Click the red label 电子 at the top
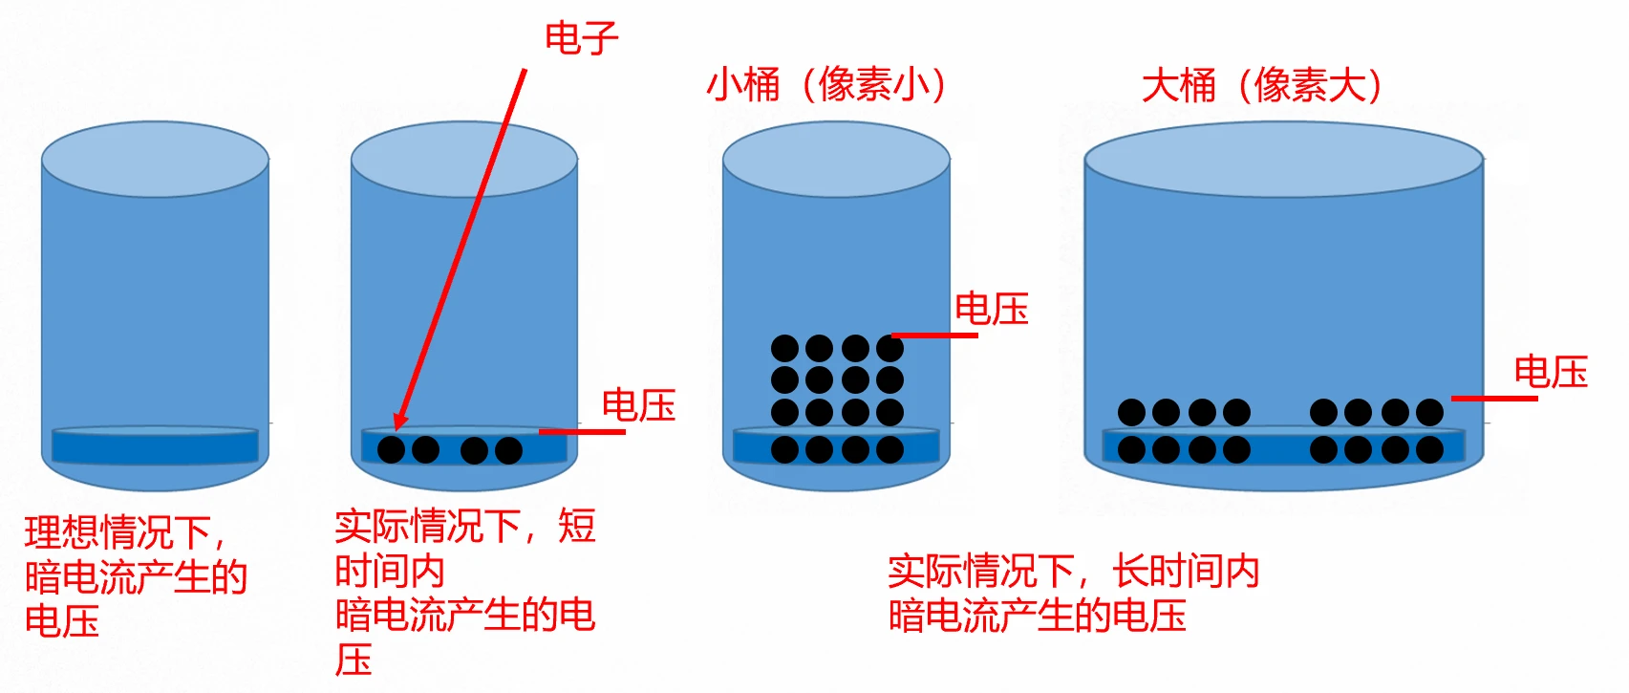(x=581, y=38)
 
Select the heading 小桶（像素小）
(x=827, y=84)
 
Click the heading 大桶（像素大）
(x=1262, y=85)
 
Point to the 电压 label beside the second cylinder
(x=638, y=405)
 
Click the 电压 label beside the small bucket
(x=991, y=309)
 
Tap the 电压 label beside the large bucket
(x=1550, y=372)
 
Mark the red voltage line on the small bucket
(x=934, y=336)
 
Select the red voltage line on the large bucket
(x=1494, y=398)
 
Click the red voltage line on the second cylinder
(x=582, y=432)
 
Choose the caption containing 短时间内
(x=464, y=593)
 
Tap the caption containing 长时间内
(x=1072, y=594)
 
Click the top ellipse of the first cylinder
(x=155, y=159)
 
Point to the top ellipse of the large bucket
(x=1283, y=159)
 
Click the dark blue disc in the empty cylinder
(x=155, y=445)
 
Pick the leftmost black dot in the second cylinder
(x=391, y=449)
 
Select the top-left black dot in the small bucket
(x=784, y=348)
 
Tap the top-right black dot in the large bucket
(x=1429, y=413)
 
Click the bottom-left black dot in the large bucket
(x=1131, y=449)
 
